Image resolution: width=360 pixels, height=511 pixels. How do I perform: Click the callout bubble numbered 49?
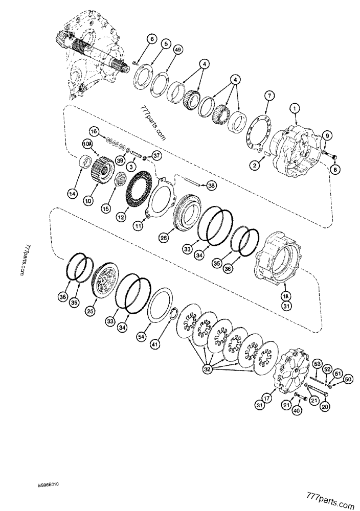click(178, 50)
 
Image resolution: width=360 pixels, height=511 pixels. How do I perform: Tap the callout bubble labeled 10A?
click(87, 145)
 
